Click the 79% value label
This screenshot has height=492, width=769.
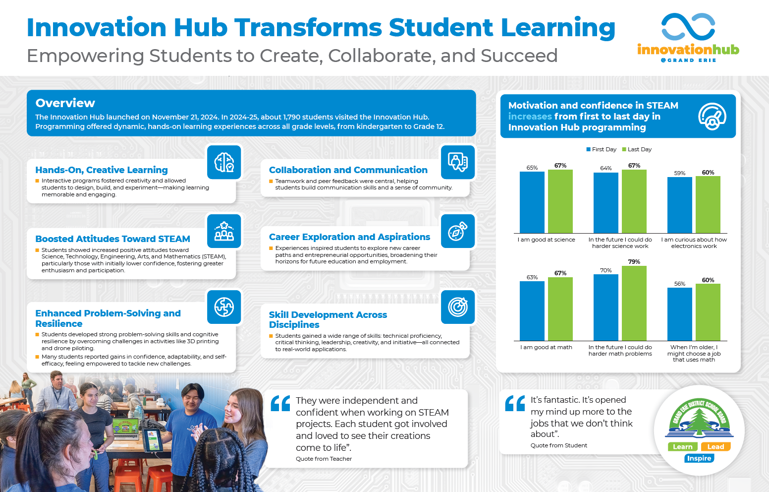(x=634, y=262)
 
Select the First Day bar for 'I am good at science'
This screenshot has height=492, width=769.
(x=532, y=202)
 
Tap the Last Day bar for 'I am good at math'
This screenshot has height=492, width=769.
(x=560, y=308)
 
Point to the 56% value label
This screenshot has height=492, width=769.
(x=680, y=284)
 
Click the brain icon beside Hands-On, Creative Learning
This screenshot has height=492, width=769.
(x=224, y=162)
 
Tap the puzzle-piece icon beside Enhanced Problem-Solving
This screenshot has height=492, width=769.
(x=224, y=307)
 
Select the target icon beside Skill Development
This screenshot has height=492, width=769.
(x=458, y=307)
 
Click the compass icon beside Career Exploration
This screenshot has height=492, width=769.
(x=458, y=231)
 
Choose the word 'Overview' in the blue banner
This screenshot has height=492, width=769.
(x=65, y=103)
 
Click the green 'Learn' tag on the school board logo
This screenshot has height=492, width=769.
(x=682, y=447)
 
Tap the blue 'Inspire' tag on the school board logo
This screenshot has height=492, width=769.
(x=699, y=458)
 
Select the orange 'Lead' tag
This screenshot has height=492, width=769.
(x=715, y=447)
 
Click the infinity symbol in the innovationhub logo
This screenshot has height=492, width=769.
(x=688, y=27)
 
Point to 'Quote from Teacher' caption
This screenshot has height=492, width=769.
(x=324, y=459)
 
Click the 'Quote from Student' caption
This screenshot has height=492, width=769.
(x=558, y=445)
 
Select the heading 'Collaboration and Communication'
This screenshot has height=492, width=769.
(x=348, y=170)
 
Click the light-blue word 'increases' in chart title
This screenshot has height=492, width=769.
(x=530, y=117)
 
